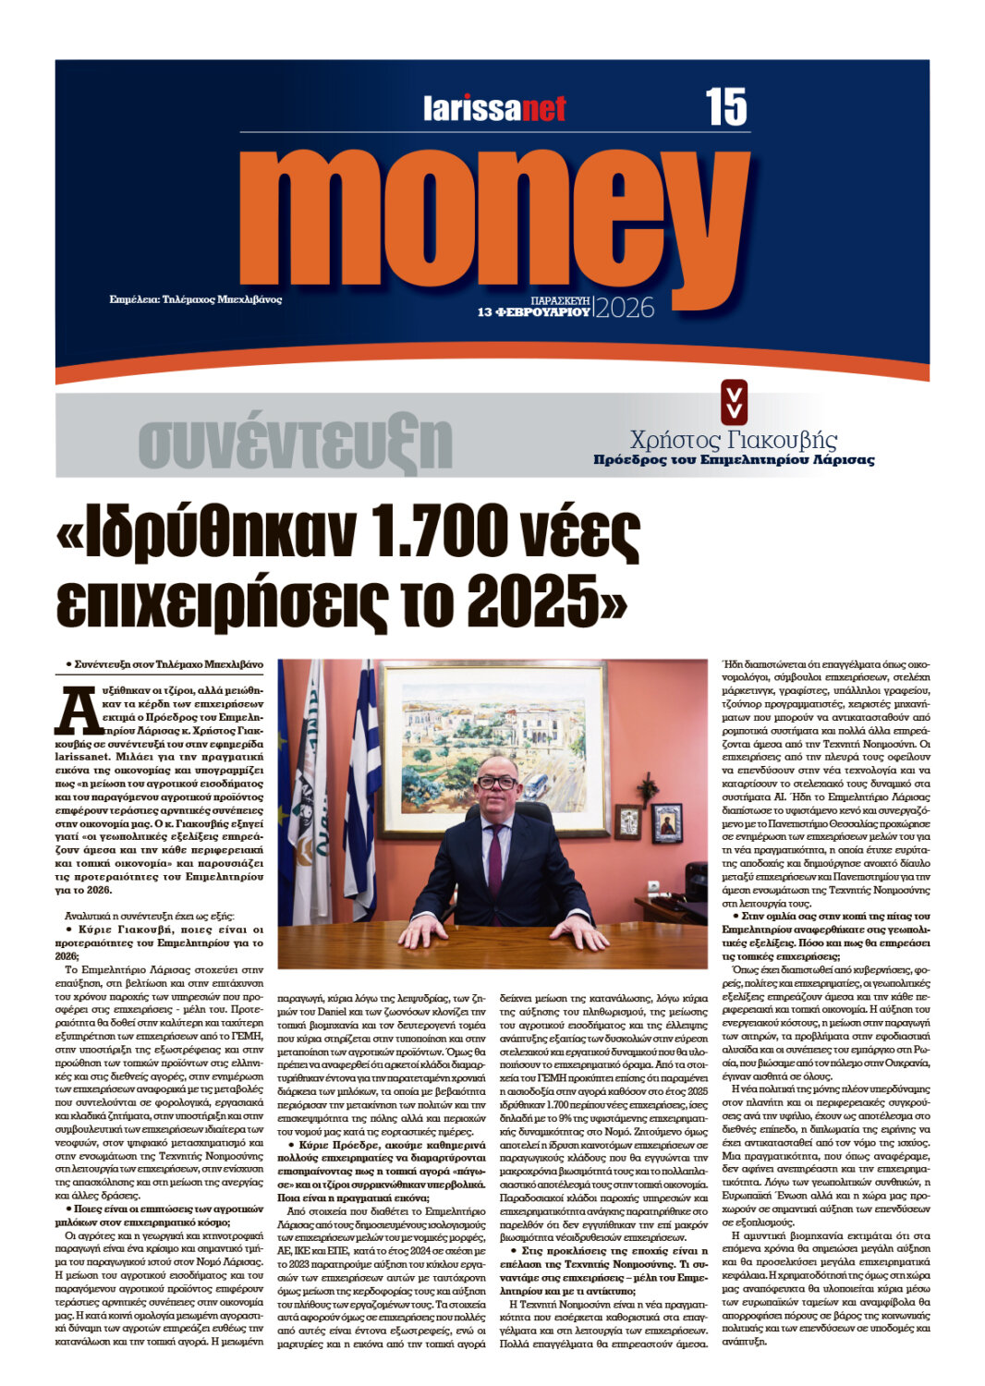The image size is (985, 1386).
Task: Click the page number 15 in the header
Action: (x=725, y=107)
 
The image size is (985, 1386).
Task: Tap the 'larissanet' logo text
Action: (x=494, y=109)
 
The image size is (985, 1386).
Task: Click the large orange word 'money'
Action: (x=493, y=219)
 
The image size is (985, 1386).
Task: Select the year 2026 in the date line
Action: (x=625, y=308)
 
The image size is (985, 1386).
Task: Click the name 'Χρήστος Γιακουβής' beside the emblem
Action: (x=733, y=440)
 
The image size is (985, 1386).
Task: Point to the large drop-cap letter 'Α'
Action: (x=73, y=710)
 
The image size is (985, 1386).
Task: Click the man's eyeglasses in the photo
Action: (x=497, y=782)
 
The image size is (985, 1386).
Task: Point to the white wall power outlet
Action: (x=653, y=885)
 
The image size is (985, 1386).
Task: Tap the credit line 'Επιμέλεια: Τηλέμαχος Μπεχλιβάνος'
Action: (x=196, y=299)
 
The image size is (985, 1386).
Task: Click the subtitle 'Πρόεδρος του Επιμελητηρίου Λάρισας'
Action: (x=733, y=459)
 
